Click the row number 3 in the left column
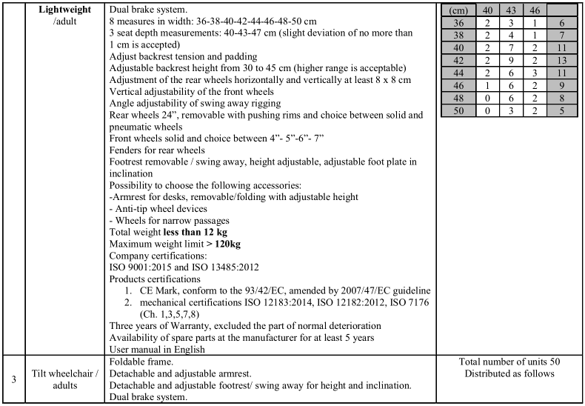pyautogui.click(x=13, y=379)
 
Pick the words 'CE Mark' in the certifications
pyautogui.click(x=173, y=290)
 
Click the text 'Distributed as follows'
pyautogui.click(x=509, y=373)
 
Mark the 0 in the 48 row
pyautogui.click(x=487, y=97)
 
